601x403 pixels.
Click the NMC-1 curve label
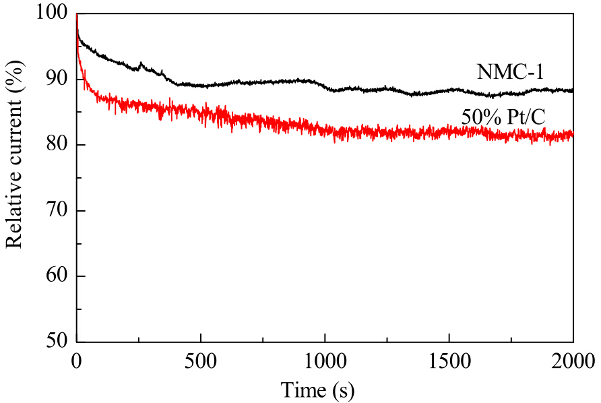(x=510, y=71)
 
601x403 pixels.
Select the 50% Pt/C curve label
(x=503, y=117)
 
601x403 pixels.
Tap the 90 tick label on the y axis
(x=57, y=79)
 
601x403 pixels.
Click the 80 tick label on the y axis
(x=57, y=144)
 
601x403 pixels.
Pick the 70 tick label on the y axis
(x=57, y=210)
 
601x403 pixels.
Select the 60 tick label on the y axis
(x=57, y=276)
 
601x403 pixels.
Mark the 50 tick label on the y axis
(x=57, y=341)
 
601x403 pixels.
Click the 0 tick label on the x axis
(x=77, y=361)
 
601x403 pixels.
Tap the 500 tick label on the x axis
(x=201, y=361)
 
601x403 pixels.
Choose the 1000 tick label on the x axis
(x=325, y=361)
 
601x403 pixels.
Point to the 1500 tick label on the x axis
(x=449, y=361)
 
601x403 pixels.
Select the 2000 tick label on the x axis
(x=573, y=361)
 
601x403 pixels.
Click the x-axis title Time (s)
(x=318, y=390)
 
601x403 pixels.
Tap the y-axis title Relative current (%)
(x=15, y=154)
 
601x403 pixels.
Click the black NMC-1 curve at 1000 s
(x=325, y=88)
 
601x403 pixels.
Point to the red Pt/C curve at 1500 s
(x=449, y=131)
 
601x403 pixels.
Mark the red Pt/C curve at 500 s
(x=201, y=113)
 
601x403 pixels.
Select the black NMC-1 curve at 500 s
(x=201, y=86)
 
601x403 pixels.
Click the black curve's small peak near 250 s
(x=141, y=63)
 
